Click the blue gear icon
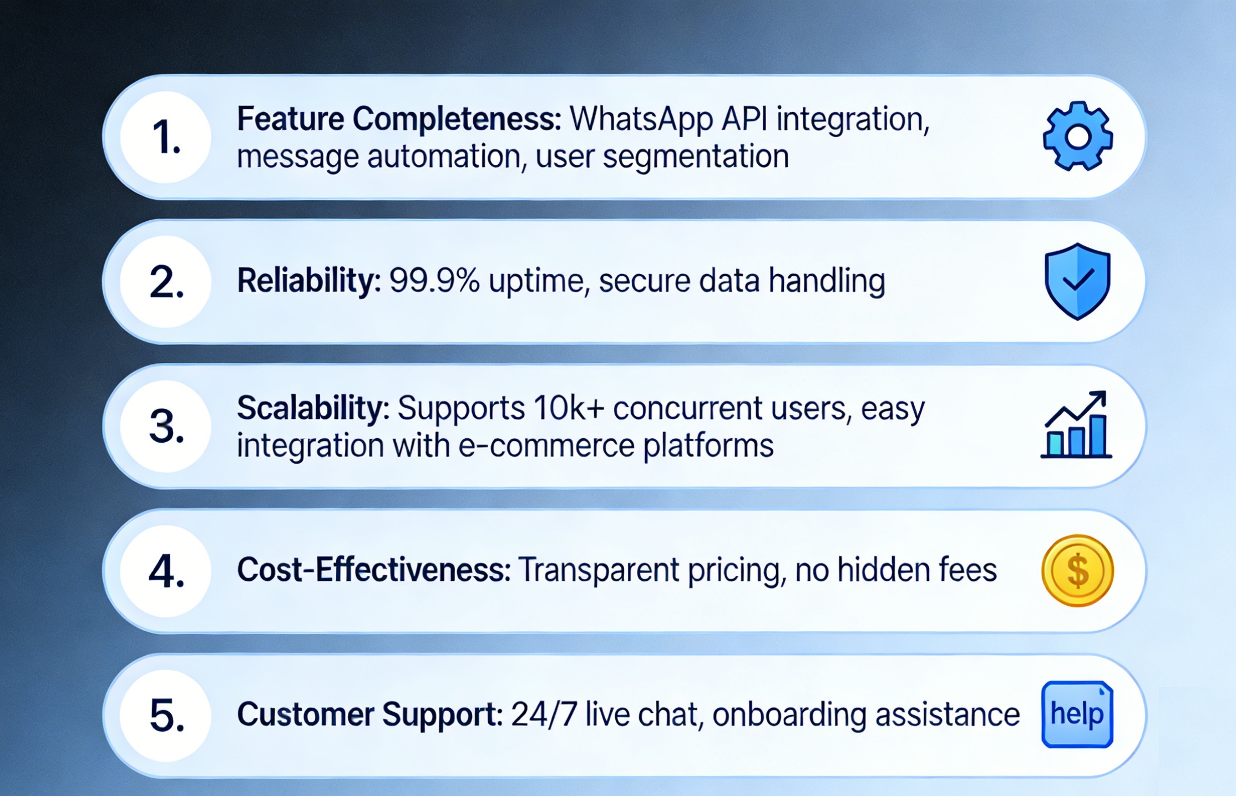tap(1077, 136)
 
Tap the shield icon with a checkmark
tap(1077, 281)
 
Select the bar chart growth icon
tap(1076, 424)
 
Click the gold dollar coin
tap(1077, 570)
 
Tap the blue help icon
tap(1077, 714)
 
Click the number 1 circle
tap(165, 137)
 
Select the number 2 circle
tap(165, 282)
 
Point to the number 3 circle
tap(165, 426)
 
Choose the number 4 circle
tap(165, 571)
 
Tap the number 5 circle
tap(165, 715)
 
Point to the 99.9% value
tap(434, 281)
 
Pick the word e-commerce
tap(546, 446)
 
